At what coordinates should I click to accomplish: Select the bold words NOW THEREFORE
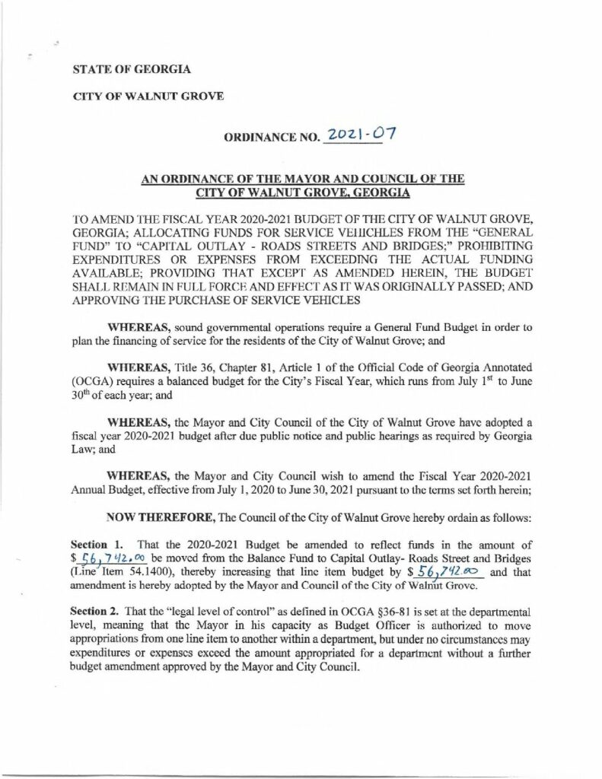click(161, 518)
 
